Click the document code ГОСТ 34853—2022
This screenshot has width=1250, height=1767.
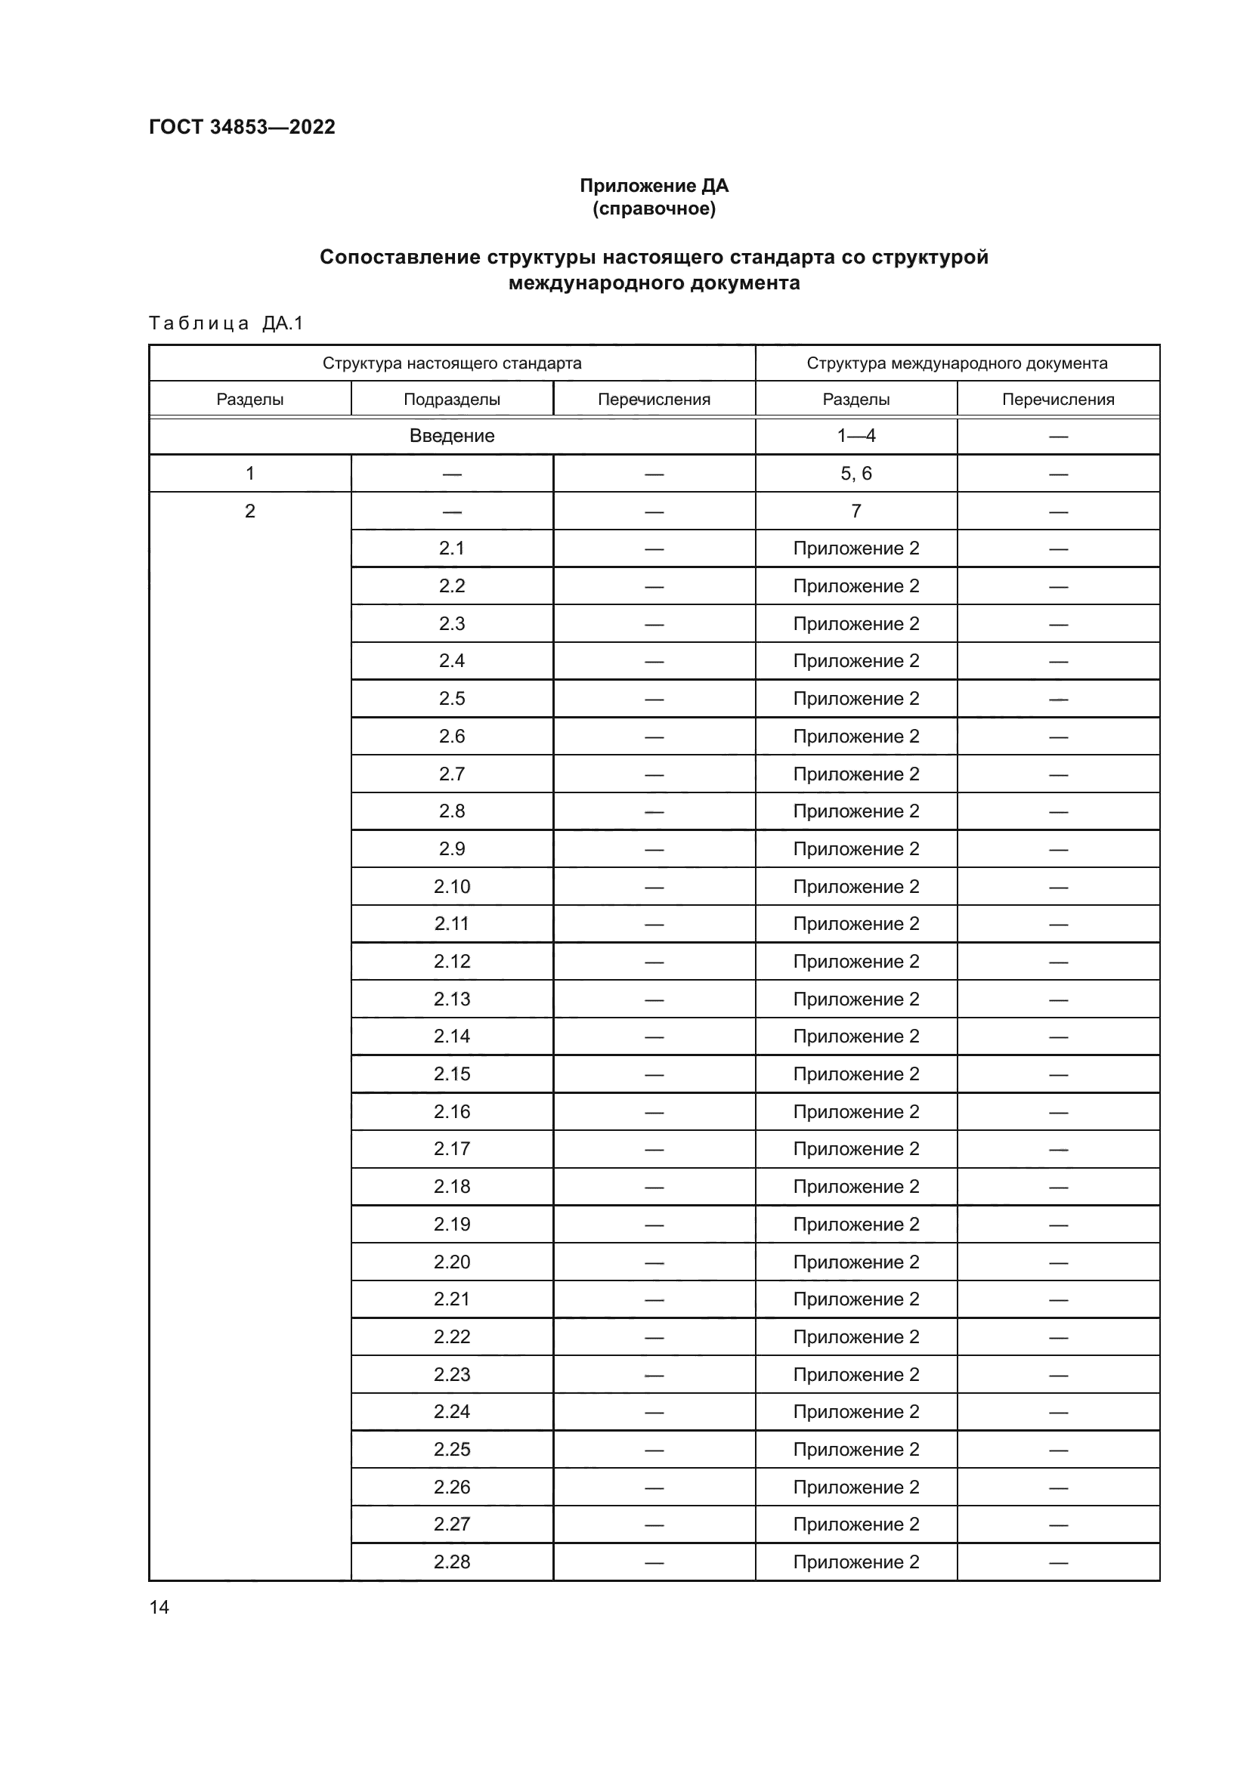coord(242,127)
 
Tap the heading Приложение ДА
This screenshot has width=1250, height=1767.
coord(654,186)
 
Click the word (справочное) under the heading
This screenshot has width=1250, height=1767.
coord(654,209)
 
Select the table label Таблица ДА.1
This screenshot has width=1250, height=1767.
coord(226,323)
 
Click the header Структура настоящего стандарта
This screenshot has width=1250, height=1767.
coord(452,363)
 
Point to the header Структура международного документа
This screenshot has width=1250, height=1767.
coord(957,363)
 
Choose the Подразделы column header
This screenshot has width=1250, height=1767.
coord(452,400)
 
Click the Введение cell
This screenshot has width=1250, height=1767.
coord(452,436)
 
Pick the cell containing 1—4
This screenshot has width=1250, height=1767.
coord(856,436)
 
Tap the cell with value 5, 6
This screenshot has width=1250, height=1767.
coord(856,474)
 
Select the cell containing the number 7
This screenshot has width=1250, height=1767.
coord(856,511)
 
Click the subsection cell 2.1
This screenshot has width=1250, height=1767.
coord(452,548)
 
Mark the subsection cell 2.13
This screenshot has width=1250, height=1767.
coord(452,999)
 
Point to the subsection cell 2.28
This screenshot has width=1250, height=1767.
coord(452,1562)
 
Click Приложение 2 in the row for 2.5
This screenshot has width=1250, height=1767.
coord(856,699)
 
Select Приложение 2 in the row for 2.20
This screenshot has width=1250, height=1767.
coord(856,1262)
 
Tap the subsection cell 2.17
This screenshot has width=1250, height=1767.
coord(452,1149)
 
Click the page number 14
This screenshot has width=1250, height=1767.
coord(159,1608)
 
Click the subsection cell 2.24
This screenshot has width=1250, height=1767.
coord(452,1411)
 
